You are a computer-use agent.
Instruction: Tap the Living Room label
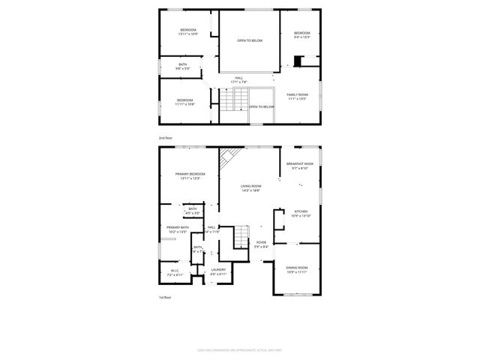tap(250, 187)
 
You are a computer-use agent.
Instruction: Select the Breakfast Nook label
tap(300, 165)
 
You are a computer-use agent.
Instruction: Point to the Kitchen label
tap(301, 213)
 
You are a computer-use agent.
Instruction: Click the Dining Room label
tap(296, 269)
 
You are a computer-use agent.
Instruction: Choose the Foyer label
tap(261, 243)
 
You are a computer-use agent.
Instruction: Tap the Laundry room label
tap(218, 271)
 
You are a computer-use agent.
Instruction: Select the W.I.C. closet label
tap(174, 272)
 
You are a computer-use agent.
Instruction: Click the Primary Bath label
tap(177, 229)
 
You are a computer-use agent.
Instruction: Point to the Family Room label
tap(297, 96)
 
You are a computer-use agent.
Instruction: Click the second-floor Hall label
tap(238, 79)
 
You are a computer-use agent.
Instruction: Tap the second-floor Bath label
tap(182, 66)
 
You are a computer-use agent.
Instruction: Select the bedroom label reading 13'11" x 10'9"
tap(187, 31)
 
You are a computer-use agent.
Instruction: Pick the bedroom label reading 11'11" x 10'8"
tap(184, 101)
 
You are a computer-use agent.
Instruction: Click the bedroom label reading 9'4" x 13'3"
tap(301, 34)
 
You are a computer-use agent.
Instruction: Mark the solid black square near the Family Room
tap(298, 61)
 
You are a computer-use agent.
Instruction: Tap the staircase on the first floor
tap(240, 237)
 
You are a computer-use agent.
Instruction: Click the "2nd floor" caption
tap(165, 138)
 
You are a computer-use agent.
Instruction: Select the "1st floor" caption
tap(165, 297)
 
